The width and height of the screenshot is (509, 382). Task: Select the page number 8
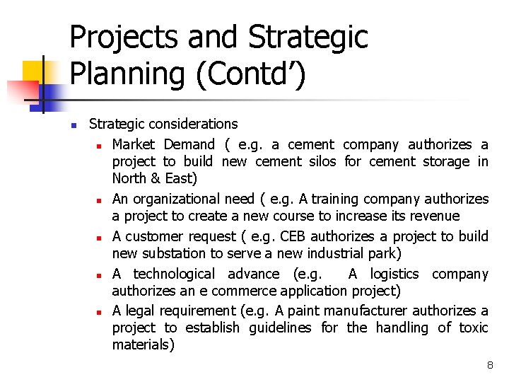pos(489,365)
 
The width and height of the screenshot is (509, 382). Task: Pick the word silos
pos(323,161)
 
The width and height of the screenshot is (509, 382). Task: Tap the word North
pos(131,179)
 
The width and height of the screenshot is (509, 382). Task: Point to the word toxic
pos(473,328)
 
